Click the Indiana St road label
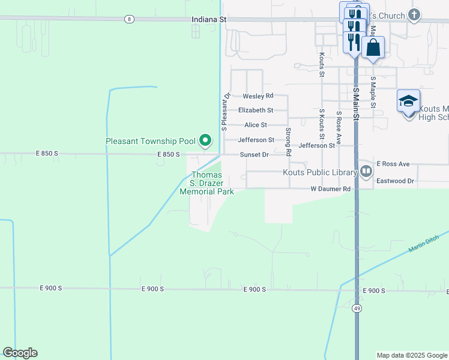pos(208,20)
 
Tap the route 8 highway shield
pos(129,20)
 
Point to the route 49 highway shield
pos(357,308)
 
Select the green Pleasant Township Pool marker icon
pos(205,141)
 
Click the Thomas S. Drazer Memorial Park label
pos(206,183)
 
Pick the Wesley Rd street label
pos(258,96)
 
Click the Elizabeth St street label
pos(255,110)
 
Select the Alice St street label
pos(255,125)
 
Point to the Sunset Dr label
pos(254,154)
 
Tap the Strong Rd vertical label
pos(288,139)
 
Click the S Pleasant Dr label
pos(225,112)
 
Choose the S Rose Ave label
pos(339,127)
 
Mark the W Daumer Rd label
pos(330,189)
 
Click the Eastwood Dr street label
pos(395,181)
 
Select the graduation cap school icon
pos(408,101)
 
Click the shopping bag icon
pos(373,46)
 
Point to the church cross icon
pos(414,14)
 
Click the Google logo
pos(20,353)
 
